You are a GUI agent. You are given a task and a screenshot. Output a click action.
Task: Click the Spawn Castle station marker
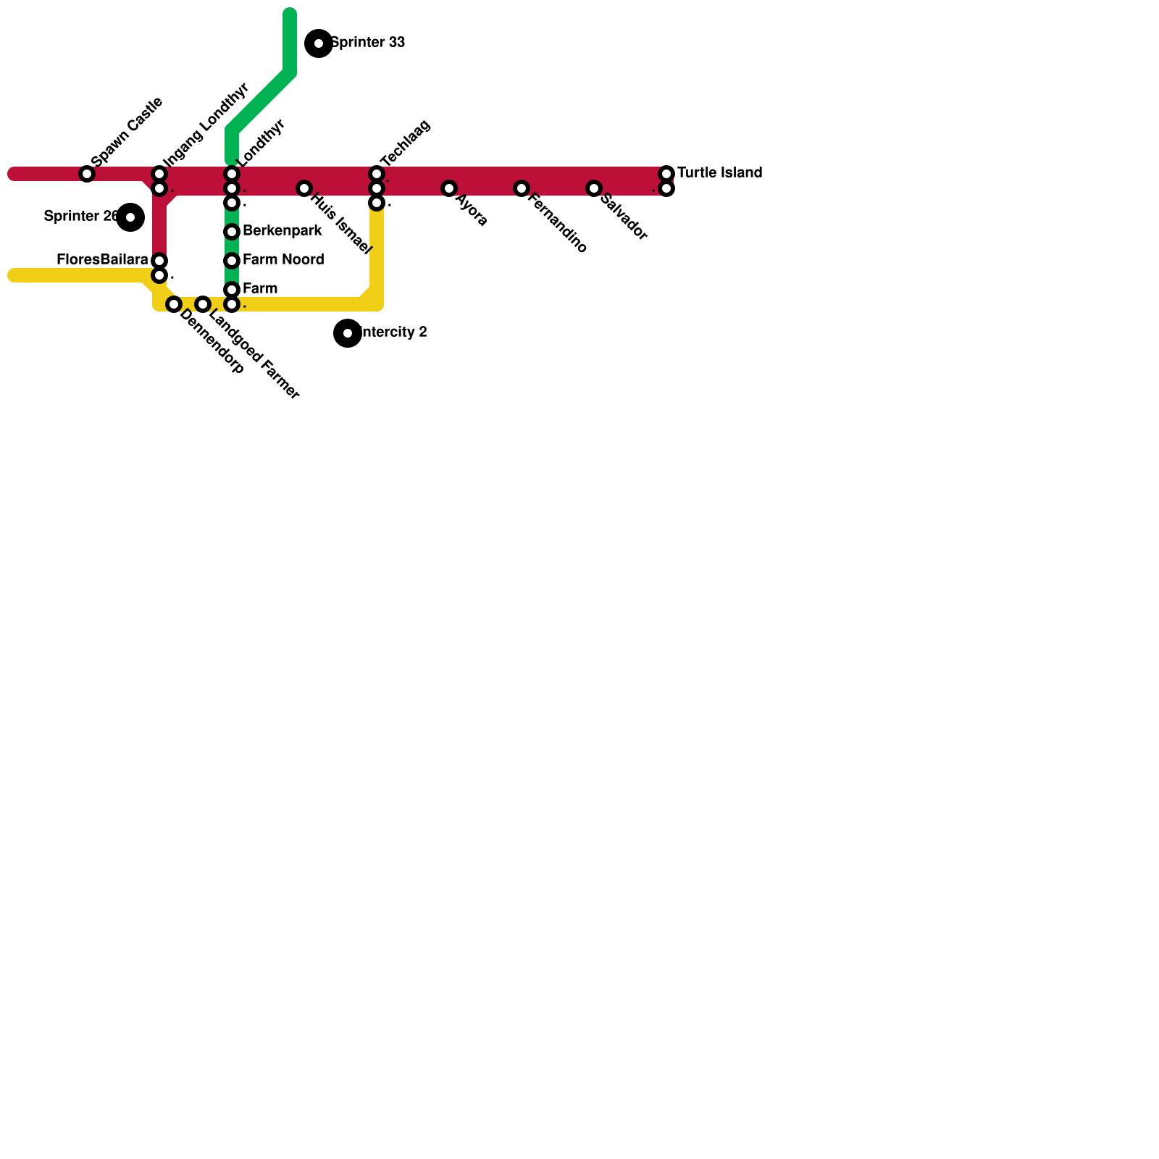[87, 174]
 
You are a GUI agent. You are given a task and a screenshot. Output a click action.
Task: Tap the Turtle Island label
[719, 173]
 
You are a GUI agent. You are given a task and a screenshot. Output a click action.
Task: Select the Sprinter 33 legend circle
[319, 43]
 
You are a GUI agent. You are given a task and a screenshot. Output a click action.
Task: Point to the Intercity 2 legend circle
[348, 333]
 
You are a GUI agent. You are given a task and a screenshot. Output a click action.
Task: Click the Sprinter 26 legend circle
[130, 217]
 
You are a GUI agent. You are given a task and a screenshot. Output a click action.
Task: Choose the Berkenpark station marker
[232, 232]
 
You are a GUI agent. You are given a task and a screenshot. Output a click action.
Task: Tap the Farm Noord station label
[283, 260]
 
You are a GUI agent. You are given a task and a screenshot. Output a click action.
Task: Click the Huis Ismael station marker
[304, 188]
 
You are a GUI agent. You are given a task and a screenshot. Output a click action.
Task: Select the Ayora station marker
[449, 188]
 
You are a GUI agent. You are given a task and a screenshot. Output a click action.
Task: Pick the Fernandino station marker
[522, 188]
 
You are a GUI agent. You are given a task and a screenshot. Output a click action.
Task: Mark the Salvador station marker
[594, 188]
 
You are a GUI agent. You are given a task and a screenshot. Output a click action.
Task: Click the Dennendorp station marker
[174, 304]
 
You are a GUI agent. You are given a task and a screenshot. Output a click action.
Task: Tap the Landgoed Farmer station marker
[203, 304]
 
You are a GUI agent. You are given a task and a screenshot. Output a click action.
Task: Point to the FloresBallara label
[102, 259]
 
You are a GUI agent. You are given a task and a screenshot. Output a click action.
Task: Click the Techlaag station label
[405, 143]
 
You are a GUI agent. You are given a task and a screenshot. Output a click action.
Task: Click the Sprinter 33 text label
[368, 43]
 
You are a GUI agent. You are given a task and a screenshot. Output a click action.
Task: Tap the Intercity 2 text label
[394, 332]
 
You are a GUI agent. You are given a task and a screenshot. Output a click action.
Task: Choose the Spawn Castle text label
[127, 131]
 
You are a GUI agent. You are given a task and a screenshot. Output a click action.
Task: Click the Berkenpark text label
[283, 231]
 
